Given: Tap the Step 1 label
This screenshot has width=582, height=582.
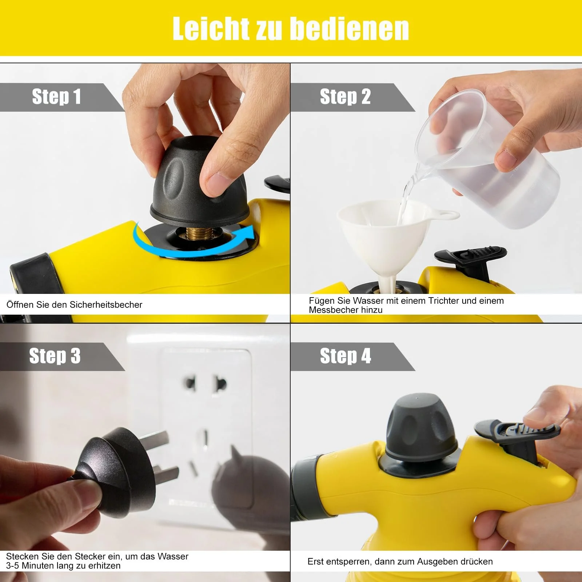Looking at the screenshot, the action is tap(56, 97).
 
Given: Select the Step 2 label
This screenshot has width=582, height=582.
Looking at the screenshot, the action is tap(345, 97).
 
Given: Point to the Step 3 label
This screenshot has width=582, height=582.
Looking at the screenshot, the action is tap(55, 356).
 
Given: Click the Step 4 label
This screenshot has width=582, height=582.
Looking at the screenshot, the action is tap(345, 356).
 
